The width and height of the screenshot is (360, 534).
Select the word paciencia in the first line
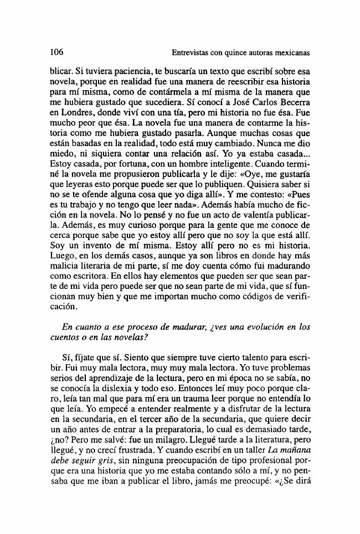pyautogui.click(x=119, y=72)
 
